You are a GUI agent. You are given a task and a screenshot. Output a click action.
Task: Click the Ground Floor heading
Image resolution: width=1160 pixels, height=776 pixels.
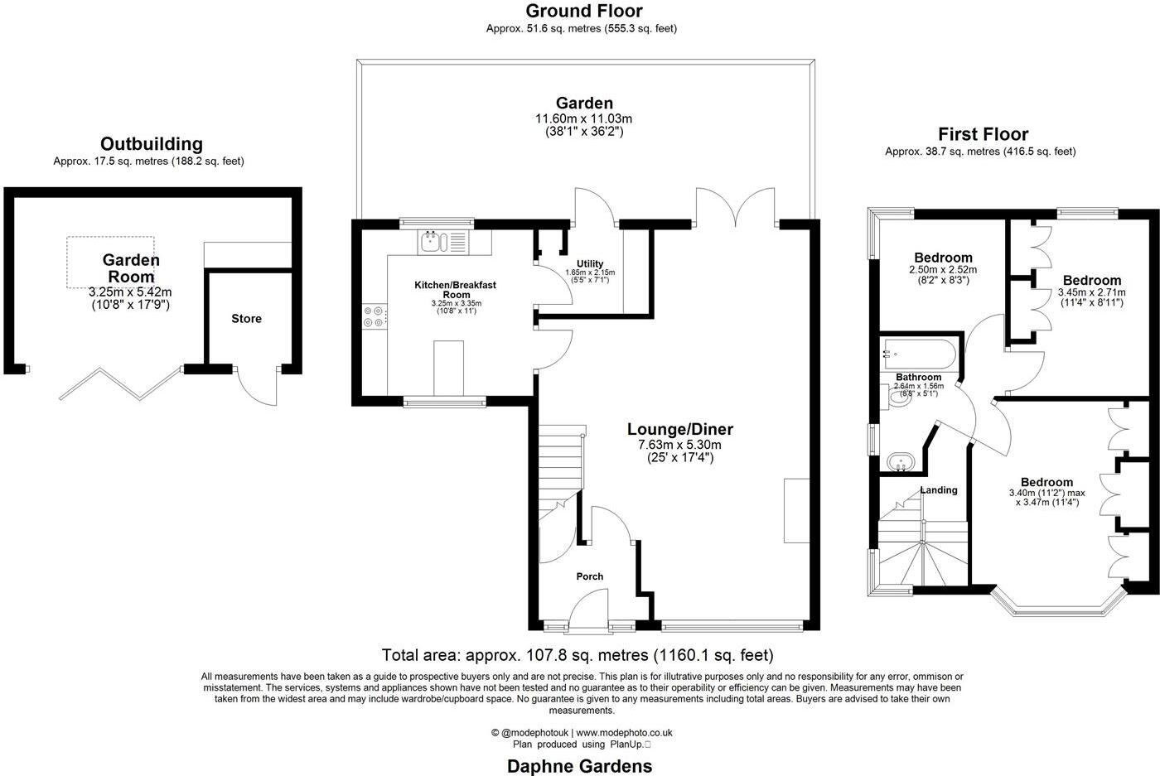pyautogui.click(x=584, y=12)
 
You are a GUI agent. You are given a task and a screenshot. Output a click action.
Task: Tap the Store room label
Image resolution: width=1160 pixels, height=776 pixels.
pyautogui.click(x=246, y=319)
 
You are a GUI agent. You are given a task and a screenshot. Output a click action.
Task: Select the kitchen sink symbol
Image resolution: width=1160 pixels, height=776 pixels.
pyautogui.click(x=437, y=242)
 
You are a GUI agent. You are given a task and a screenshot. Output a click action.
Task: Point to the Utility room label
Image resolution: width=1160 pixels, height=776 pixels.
pyautogui.click(x=590, y=264)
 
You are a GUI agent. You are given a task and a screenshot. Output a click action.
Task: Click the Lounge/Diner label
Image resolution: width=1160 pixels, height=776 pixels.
pyautogui.click(x=679, y=430)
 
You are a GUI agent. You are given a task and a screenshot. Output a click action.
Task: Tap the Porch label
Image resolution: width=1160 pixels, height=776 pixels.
pyautogui.click(x=589, y=576)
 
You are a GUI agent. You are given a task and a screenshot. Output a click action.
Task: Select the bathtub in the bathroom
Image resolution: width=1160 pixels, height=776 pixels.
pyautogui.click(x=919, y=354)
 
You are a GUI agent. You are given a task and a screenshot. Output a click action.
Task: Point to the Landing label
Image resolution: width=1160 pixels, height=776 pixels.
pyautogui.click(x=938, y=490)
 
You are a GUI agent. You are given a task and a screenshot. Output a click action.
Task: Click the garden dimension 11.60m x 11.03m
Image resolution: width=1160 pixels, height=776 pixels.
pyautogui.click(x=584, y=119)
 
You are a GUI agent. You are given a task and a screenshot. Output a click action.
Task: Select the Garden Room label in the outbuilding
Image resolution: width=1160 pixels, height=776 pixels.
pyautogui.click(x=131, y=268)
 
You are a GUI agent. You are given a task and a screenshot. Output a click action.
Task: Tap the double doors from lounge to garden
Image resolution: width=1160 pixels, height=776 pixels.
pyautogui.click(x=736, y=208)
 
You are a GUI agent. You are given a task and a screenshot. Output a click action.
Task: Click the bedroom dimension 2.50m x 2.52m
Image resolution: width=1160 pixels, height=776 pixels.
pyautogui.click(x=943, y=270)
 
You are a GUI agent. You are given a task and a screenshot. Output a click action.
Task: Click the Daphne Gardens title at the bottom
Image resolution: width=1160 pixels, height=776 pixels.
pyautogui.click(x=579, y=766)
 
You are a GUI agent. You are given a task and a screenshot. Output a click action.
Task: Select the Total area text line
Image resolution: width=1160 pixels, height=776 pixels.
pyautogui.click(x=578, y=655)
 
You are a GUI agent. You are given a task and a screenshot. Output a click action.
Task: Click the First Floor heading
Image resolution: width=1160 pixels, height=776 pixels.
pyautogui.click(x=983, y=134)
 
